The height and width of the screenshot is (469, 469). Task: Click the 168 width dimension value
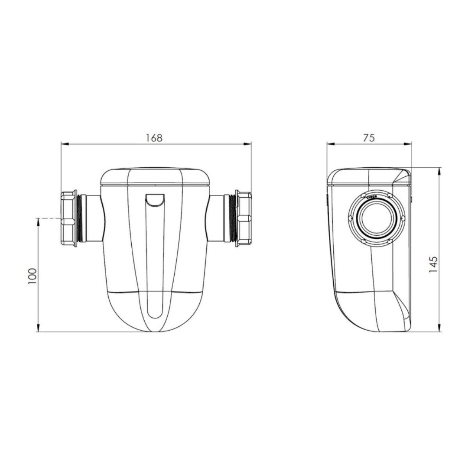point(154,138)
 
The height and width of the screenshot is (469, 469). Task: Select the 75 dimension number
point(369,138)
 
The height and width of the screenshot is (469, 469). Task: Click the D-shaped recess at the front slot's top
point(155,199)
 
